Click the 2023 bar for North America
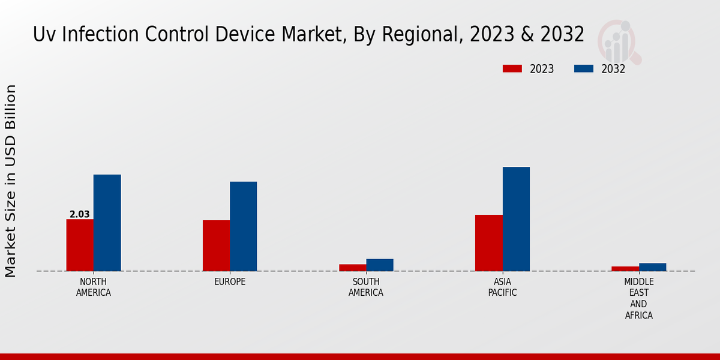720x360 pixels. pos(80,245)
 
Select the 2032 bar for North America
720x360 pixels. pos(107,223)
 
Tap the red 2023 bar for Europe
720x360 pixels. pos(216,245)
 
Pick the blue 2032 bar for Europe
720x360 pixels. pos(243,226)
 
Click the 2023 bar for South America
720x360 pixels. pos(352,268)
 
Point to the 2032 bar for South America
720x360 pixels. pos(380,265)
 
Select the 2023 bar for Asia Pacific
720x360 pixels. pos(489,242)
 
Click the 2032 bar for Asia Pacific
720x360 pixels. pos(516,219)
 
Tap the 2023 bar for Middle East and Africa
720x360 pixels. pos(625,268)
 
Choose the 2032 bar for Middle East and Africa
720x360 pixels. pos(652,267)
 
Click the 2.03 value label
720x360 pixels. pos(80,214)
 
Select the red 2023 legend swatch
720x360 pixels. pos(512,68)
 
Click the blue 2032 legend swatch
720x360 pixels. pos(584,68)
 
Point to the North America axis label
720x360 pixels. pos(94,287)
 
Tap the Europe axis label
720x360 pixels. pos(230,282)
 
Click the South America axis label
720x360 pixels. pos(366,287)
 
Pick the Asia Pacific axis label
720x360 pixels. pos(503,287)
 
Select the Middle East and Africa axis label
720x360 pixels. pos(639,298)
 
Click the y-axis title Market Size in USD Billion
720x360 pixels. pos(11,181)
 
